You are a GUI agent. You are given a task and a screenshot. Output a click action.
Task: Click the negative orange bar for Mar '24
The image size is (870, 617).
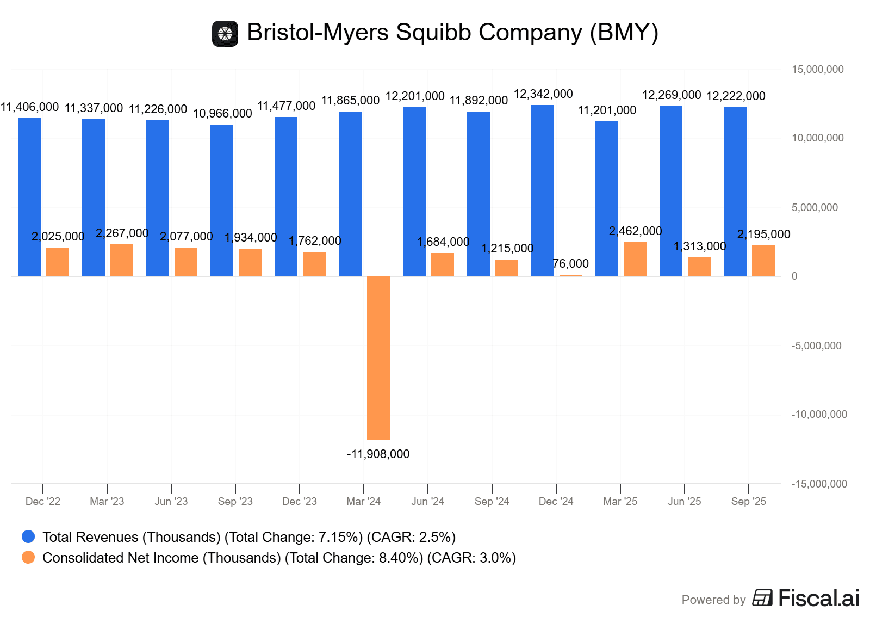point(378,357)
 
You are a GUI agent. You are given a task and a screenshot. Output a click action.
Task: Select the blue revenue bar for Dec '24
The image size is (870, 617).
point(543,190)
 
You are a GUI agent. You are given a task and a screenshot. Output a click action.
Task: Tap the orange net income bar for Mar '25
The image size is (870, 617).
point(635,259)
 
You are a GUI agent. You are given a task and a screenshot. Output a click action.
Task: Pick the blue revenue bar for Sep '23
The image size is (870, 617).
point(222,200)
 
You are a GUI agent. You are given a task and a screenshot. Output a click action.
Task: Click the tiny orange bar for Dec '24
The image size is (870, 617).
point(571,275)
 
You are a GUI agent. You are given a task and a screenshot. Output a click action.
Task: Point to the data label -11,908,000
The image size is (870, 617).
point(378,454)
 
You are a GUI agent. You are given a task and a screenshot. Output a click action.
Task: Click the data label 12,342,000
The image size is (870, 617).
point(543,94)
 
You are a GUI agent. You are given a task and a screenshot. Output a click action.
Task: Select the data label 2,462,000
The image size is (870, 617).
point(635,231)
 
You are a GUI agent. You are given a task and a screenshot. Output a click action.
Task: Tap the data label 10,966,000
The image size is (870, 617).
point(222,113)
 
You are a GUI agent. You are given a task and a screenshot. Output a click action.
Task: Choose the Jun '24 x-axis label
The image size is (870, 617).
point(427,501)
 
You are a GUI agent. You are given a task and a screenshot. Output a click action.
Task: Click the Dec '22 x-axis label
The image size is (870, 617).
point(43,501)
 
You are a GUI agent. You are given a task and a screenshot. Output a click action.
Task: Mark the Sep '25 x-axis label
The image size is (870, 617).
point(748,501)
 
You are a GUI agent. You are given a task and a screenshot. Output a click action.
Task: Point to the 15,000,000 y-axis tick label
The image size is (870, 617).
point(817,69)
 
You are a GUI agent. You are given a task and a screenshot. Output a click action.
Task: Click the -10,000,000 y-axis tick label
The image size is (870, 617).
point(819,414)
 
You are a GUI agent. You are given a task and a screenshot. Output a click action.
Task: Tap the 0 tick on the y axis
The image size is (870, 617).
point(794,276)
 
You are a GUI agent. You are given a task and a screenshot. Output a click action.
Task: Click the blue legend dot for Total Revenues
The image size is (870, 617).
point(28,536)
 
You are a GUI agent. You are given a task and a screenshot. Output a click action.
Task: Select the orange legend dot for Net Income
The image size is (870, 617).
point(28,557)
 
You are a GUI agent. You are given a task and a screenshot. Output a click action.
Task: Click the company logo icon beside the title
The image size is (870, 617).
point(225,34)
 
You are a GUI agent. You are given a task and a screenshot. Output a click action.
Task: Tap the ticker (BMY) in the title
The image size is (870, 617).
point(624,32)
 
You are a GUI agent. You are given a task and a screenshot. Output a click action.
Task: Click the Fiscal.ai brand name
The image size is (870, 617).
point(818,598)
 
